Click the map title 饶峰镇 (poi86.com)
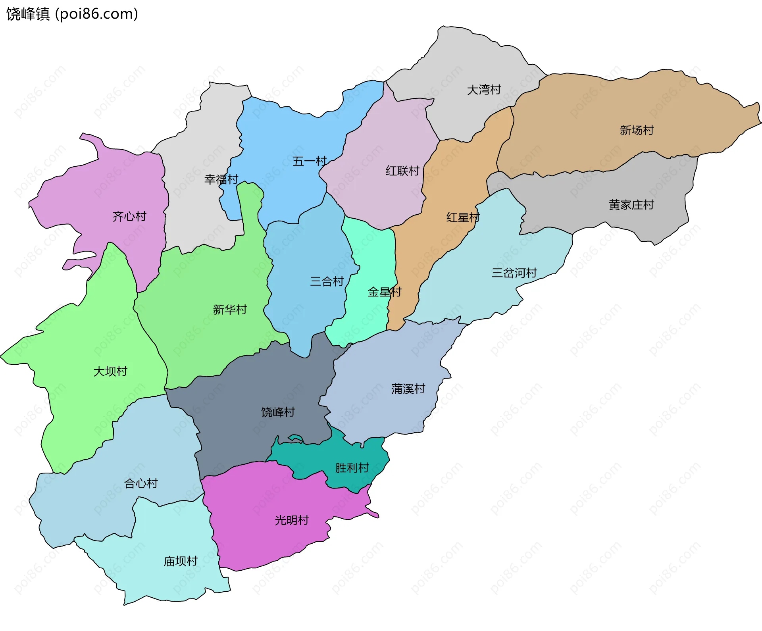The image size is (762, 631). (72, 14)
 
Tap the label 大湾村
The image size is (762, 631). (484, 90)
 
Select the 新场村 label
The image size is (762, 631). (637, 130)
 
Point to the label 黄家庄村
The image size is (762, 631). (631, 205)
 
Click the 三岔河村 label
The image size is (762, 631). (514, 273)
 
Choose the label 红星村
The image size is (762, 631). (463, 217)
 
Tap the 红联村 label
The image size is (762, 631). (402, 171)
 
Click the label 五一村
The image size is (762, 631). (309, 161)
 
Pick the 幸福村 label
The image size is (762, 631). (221, 179)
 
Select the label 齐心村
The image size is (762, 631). (129, 216)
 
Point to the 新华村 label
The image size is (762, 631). (230, 310)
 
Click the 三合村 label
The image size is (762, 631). (327, 281)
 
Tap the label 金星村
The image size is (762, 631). (384, 292)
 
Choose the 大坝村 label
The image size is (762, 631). (110, 371)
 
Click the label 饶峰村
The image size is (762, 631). (278, 412)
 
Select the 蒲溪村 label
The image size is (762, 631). (408, 389)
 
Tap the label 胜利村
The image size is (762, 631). (352, 468)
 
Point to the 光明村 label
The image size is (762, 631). (292, 520)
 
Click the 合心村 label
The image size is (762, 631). (141, 483)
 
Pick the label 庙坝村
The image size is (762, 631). (181, 561)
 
